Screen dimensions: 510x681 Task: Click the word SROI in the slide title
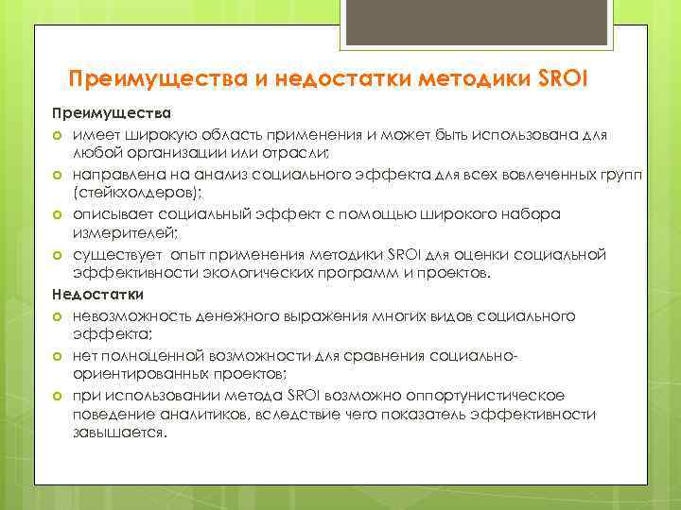pos(562,77)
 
